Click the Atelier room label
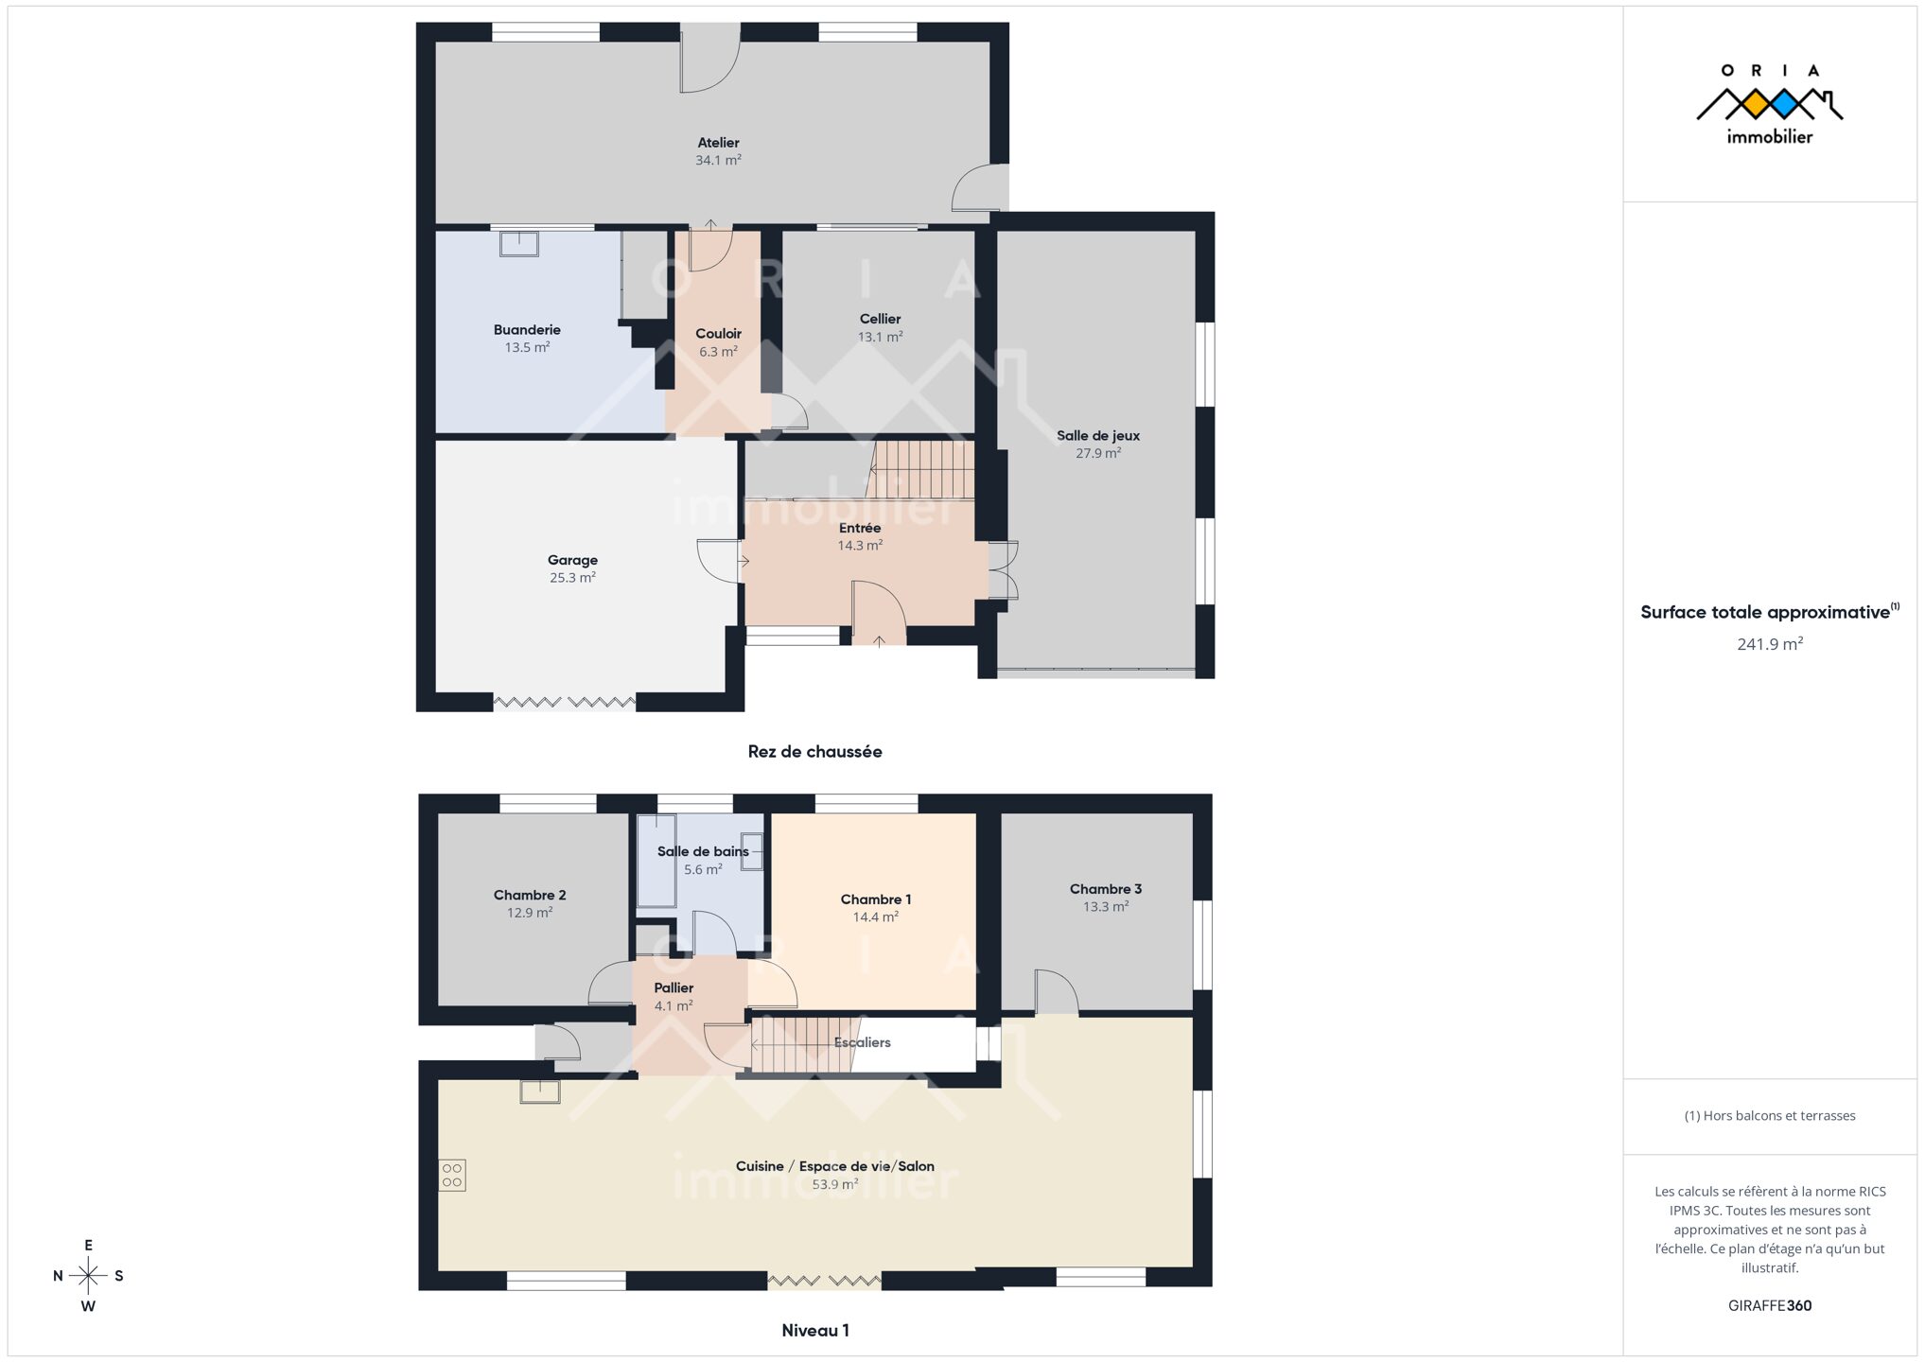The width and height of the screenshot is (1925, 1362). coord(718,143)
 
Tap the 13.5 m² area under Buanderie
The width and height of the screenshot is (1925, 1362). coord(527,347)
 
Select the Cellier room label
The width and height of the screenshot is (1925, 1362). coord(880,319)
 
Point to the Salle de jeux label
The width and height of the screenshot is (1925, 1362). coord(1098,436)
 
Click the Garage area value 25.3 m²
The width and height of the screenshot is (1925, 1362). coord(572,577)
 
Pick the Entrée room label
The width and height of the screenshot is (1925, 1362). coord(860,528)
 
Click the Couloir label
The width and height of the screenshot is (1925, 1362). coord(718,334)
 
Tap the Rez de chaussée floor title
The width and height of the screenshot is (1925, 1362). coord(814,752)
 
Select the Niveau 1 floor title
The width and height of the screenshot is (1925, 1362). coord(814,1331)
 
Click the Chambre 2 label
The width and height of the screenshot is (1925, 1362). coord(530,895)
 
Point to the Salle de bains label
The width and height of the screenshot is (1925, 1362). coord(703,851)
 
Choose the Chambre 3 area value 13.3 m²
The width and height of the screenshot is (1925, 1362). coord(1106,906)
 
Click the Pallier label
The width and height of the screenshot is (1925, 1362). coord(674,988)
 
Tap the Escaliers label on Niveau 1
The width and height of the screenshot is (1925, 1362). coord(862,1042)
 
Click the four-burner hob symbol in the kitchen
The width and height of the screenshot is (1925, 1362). coord(452,1176)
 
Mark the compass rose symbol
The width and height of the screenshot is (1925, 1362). coord(88,1276)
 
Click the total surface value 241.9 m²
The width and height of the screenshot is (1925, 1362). coord(1769,644)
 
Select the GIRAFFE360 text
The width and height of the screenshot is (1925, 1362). coord(1769,1306)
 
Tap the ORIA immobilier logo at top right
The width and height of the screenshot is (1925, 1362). coord(1769,104)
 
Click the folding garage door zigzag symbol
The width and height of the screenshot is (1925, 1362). coord(565,703)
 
